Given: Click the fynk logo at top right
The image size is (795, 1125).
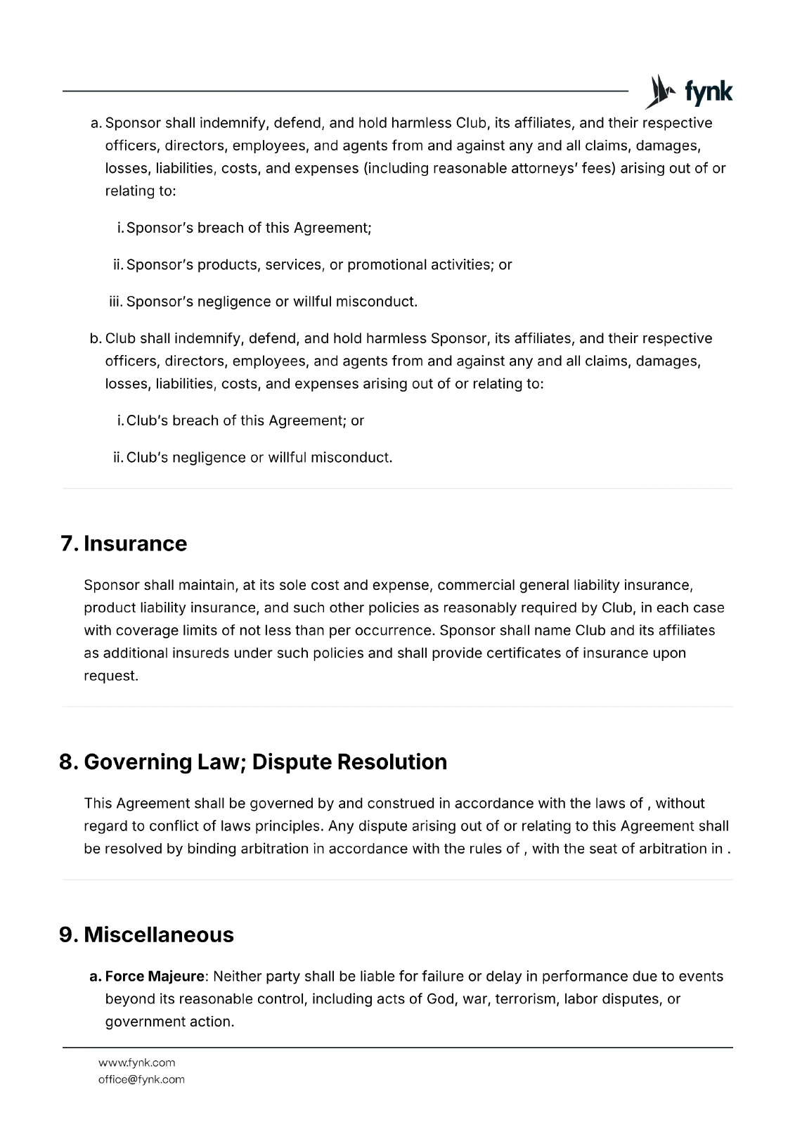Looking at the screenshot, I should click(x=690, y=92).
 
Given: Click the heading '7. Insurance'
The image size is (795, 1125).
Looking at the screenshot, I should click(x=124, y=544).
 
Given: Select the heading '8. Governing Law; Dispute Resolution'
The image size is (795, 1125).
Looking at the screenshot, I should click(x=253, y=761).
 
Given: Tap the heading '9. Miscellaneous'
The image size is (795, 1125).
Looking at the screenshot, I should click(x=146, y=934).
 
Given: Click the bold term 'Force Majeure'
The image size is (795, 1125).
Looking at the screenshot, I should click(x=155, y=976).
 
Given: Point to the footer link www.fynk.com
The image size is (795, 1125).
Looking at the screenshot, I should click(x=136, y=1062).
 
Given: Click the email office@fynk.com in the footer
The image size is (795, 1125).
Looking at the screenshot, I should click(x=141, y=1079).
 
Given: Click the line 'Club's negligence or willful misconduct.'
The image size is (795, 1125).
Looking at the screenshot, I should click(x=259, y=457).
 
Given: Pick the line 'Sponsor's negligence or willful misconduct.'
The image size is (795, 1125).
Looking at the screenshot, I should click(x=272, y=302).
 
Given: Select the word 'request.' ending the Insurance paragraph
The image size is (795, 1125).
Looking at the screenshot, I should click(x=111, y=675).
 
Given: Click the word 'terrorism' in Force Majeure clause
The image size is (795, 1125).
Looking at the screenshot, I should click(x=526, y=998).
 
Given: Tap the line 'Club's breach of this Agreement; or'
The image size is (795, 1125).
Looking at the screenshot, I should click(x=245, y=420).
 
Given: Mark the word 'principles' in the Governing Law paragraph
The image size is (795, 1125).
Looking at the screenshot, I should click(x=287, y=825).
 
